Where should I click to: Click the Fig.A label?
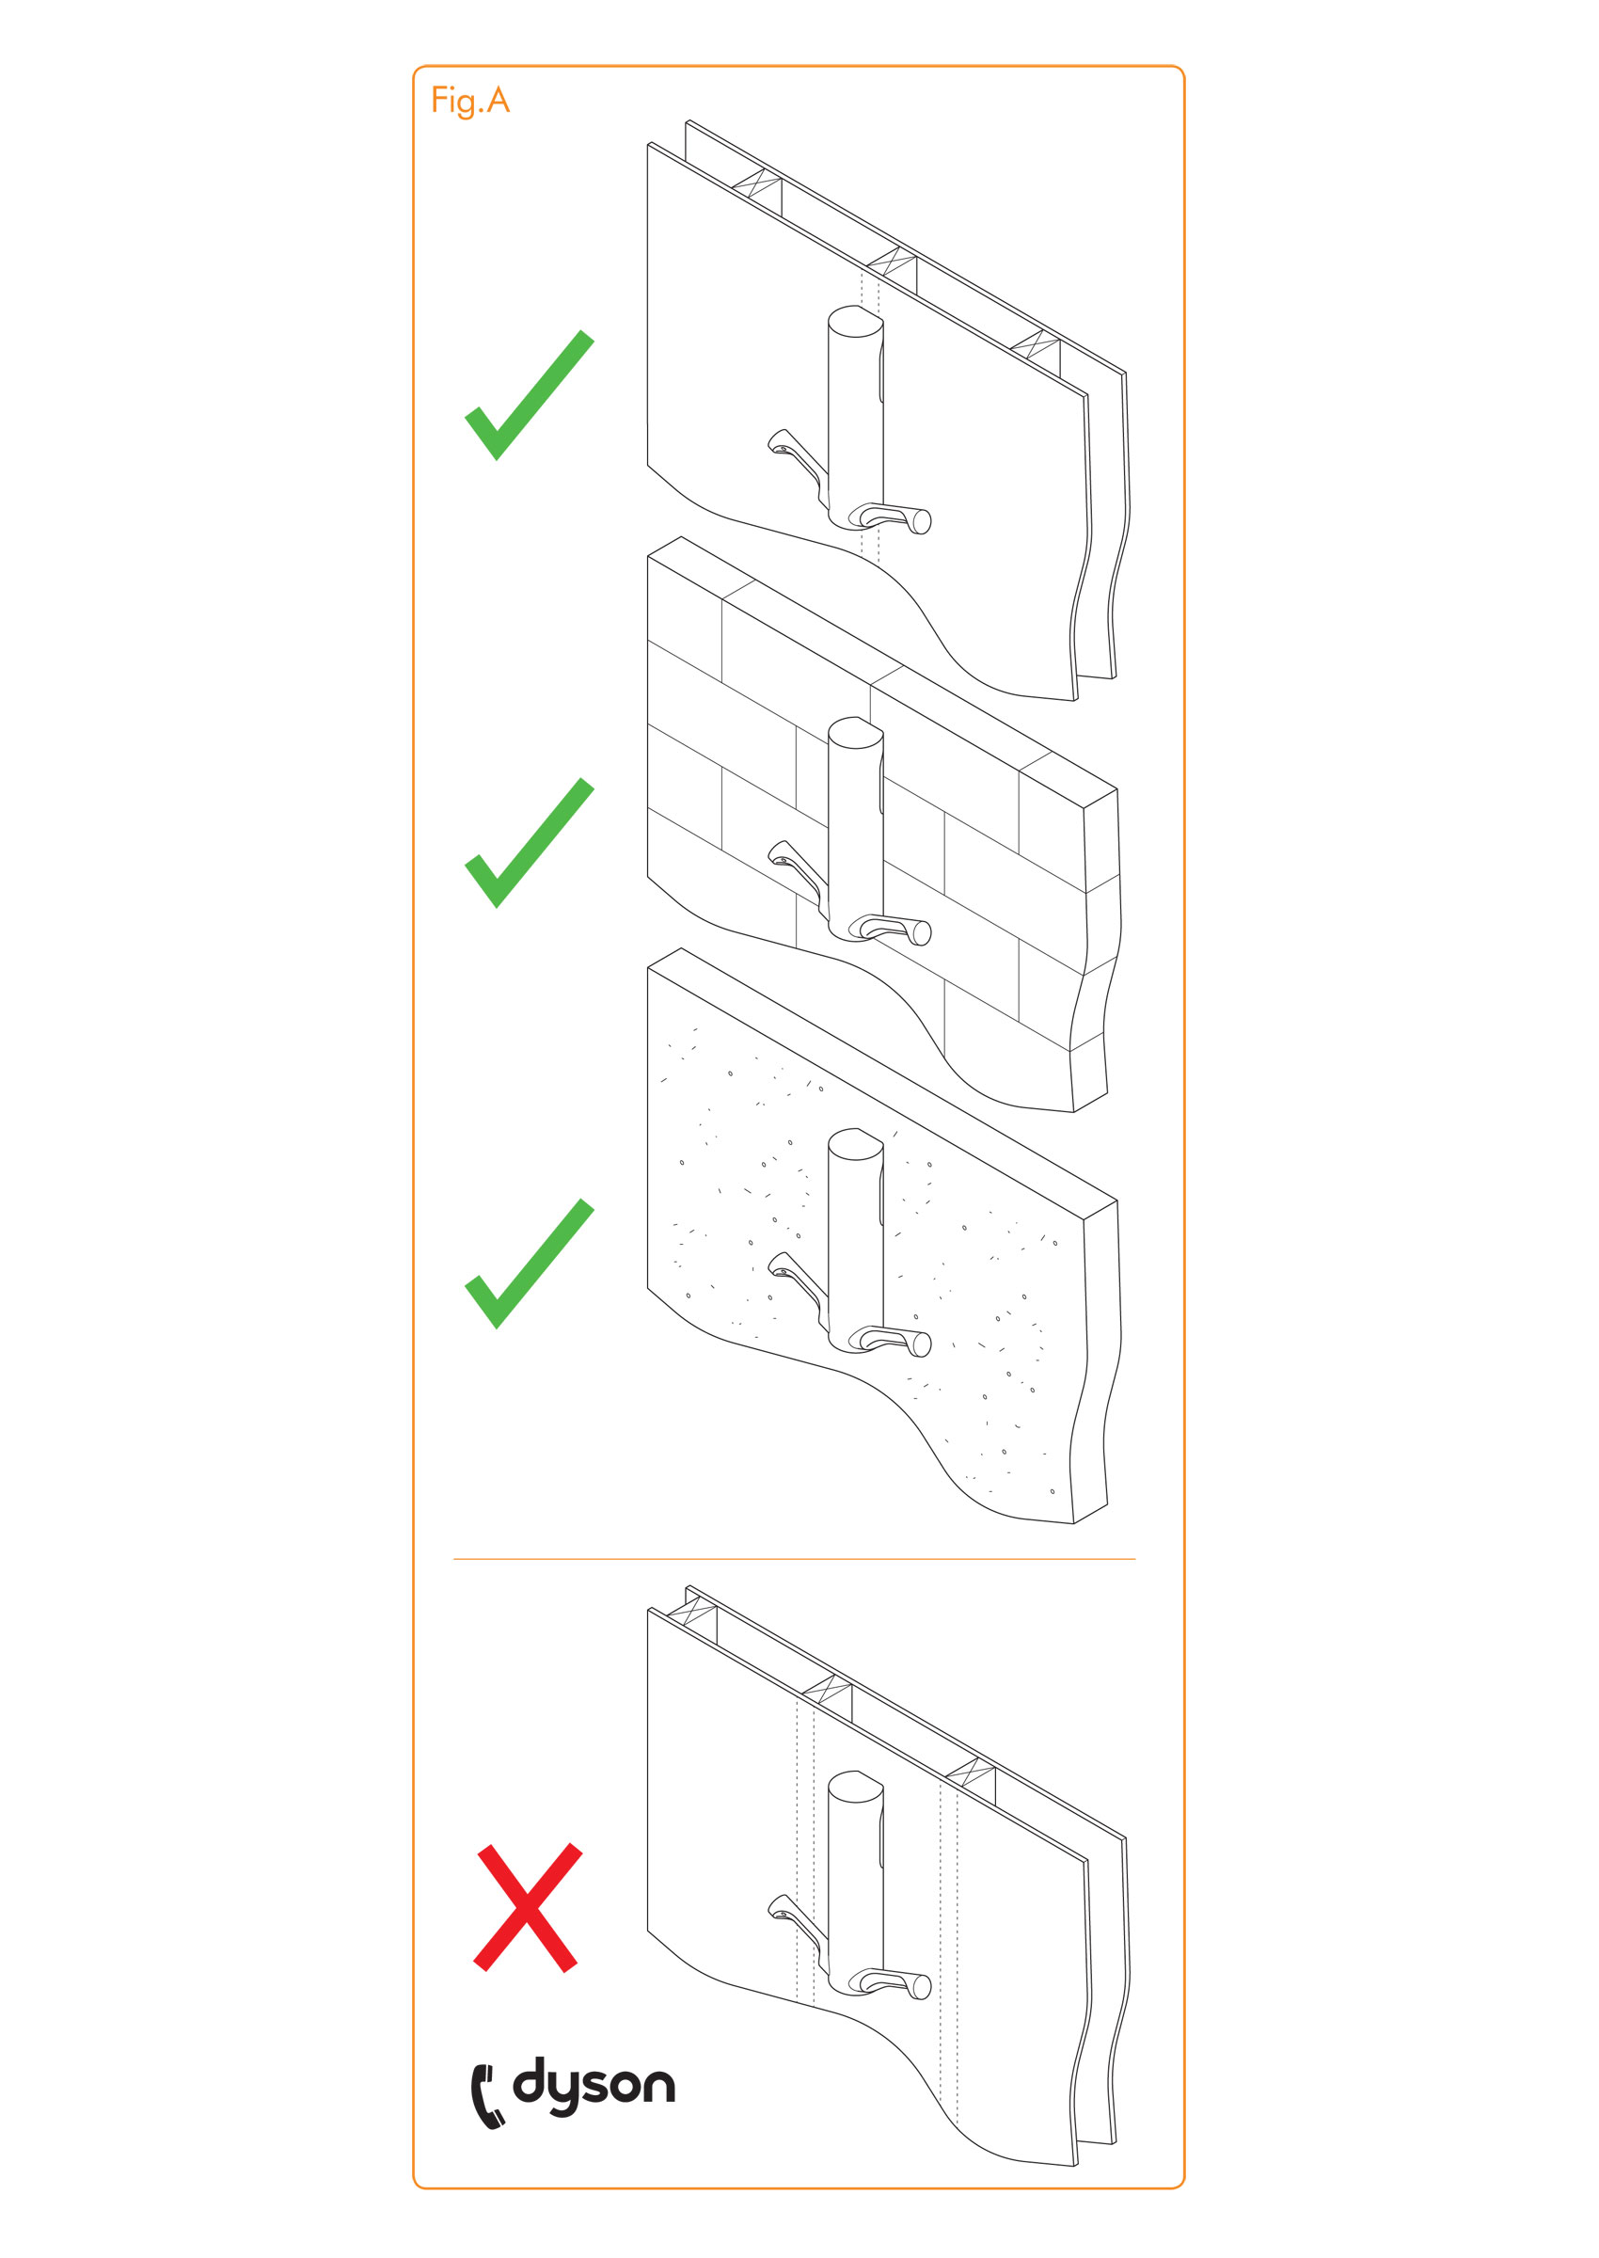click(x=469, y=101)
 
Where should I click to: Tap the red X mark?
click(x=528, y=1907)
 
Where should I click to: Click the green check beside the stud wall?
click(x=530, y=395)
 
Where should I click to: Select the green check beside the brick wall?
click(x=530, y=843)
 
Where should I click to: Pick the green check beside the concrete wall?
click(x=530, y=1264)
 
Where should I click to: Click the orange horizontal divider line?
click(x=794, y=1559)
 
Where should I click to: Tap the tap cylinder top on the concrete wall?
click(x=855, y=1143)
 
